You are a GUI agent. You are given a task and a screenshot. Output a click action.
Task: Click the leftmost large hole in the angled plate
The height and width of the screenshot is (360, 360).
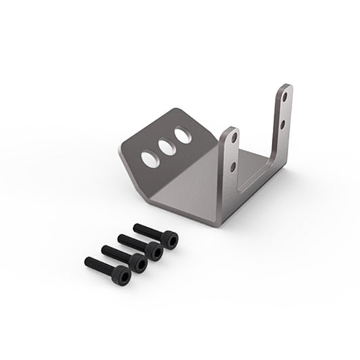click(147, 155)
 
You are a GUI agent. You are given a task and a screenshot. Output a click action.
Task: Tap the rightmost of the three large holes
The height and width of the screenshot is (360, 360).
click(181, 134)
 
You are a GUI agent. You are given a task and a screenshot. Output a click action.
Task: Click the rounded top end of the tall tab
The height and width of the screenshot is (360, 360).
click(287, 86)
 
